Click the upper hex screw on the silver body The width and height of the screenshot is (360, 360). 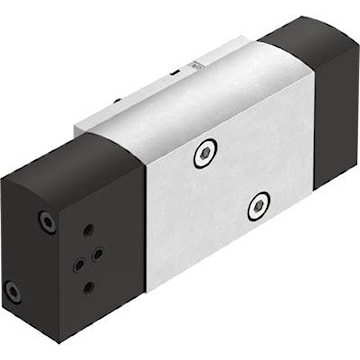206,153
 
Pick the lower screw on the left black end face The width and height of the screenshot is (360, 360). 12,293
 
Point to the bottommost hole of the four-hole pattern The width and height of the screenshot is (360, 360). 88,287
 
